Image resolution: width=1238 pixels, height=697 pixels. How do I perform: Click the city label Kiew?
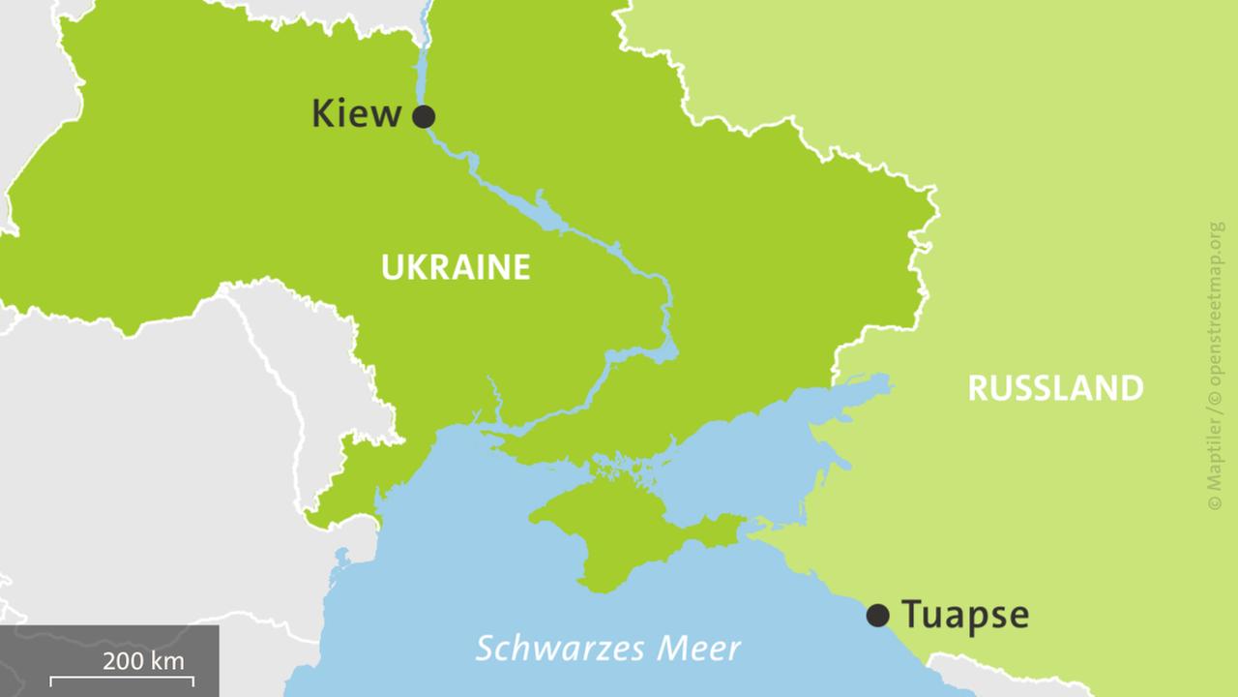coord(355,114)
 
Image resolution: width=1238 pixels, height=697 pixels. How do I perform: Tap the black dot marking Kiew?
coord(424,117)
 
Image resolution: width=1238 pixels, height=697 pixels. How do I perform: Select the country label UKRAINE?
coord(456,267)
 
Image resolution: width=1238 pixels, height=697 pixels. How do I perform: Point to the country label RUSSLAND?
coord(1055,388)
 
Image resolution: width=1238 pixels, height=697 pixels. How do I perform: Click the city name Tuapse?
coord(964,615)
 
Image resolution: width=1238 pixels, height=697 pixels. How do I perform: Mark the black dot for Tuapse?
coord(877,615)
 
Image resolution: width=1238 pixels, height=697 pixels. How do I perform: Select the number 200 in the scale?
coord(122,661)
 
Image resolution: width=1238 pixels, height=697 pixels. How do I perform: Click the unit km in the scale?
coord(166,661)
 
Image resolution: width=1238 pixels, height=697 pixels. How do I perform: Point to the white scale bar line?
coord(122,680)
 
